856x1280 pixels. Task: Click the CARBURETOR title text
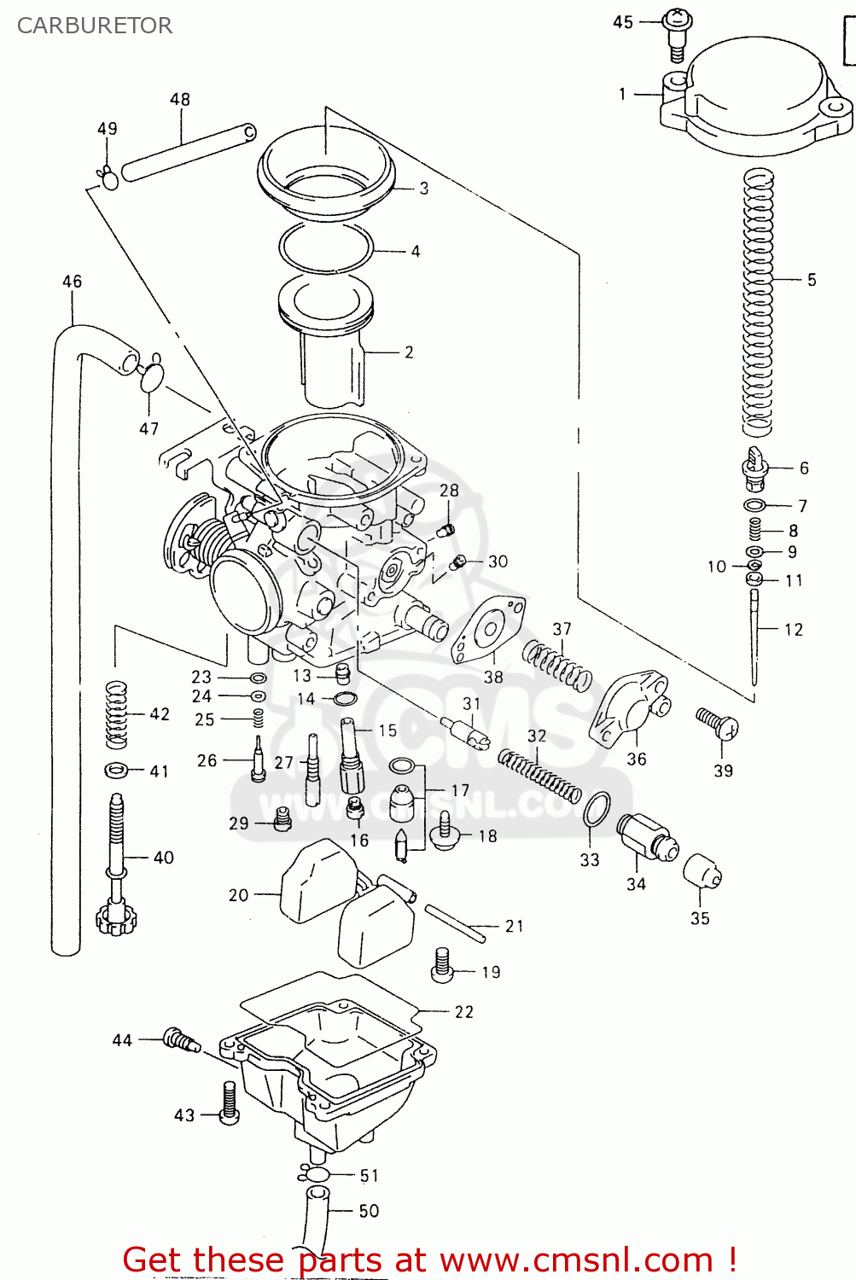click(95, 26)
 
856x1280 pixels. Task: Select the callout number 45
click(623, 22)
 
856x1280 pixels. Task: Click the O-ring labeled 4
click(326, 248)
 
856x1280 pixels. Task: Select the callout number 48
click(180, 99)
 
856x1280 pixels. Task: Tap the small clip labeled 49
click(108, 179)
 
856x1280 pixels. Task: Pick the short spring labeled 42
click(116, 714)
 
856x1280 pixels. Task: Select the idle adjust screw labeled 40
click(115, 862)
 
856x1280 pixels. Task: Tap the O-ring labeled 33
click(597, 808)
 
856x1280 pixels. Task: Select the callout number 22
click(463, 1012)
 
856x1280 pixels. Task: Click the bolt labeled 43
click(229, 1103)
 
